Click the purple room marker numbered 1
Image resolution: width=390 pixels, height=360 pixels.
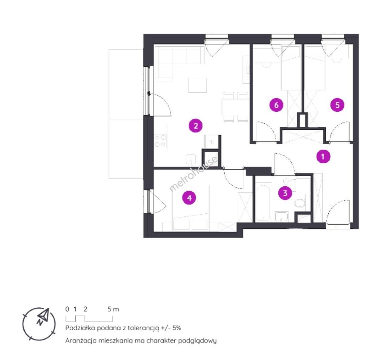click(x=323, y=157)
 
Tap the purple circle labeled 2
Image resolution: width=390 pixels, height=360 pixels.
click(x=196, y=126)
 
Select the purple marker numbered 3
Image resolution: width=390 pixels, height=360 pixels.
click(x=285, y=193)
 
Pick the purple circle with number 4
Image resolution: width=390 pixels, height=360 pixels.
click(x=189, y=198)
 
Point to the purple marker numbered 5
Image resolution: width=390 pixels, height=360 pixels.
click(x=337, y=105)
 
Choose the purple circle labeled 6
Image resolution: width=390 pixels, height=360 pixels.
click(x=276, y=105)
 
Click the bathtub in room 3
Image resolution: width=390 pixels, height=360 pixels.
click(x=263, y=202)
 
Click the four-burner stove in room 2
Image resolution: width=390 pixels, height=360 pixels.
click(x=160, y=141)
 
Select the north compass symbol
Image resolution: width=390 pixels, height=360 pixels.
click(x=39, y=324)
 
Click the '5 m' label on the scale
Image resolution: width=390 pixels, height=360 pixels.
click(x=113, y=309)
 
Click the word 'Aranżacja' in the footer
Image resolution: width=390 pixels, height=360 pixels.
click(x=81, y=341)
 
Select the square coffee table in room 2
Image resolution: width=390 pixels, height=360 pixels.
click(x=197, y=85)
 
